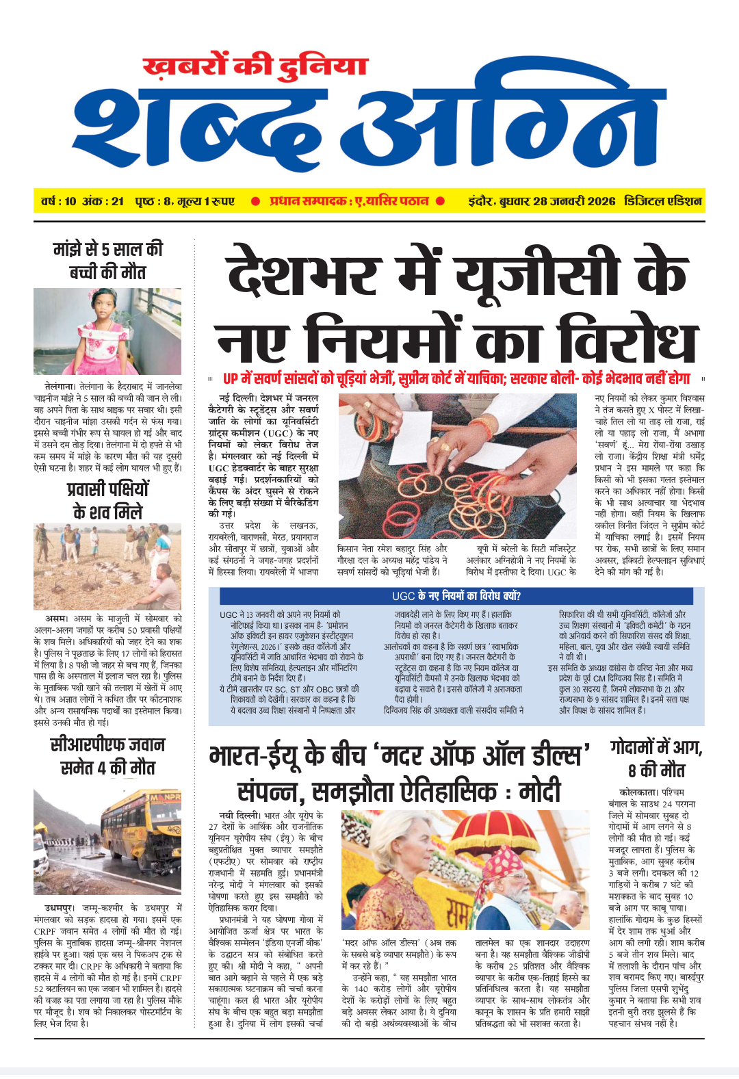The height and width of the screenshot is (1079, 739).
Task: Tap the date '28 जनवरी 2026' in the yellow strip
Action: coord(574,201)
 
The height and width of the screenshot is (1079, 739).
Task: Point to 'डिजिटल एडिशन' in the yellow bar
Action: coord(662,201)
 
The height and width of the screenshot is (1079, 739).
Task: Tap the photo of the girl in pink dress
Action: coord(107,330)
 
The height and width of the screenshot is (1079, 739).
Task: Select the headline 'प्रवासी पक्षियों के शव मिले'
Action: coord(107,500)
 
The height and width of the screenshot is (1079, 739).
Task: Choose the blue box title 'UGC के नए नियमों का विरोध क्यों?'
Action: coord(456,596)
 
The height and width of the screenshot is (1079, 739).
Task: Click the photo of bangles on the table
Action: coord(457,465)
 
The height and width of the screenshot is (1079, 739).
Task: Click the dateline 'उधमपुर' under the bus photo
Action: coord(60,907)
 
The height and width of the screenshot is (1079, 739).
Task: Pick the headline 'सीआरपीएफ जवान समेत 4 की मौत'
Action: coord(107,756)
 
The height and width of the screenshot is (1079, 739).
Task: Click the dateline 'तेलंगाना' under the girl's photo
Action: coord(60,386)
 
